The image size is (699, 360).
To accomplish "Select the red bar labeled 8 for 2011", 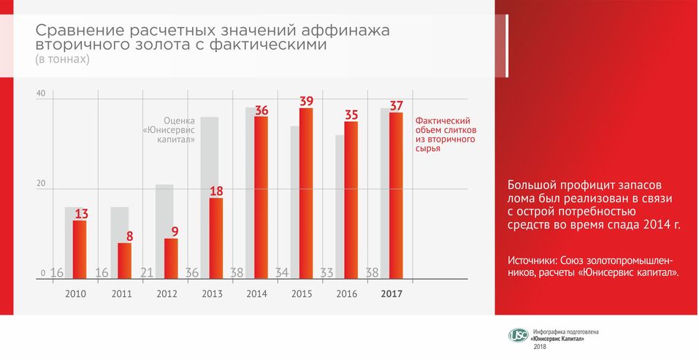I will coord(125,261).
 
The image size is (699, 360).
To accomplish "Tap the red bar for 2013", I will coord(215,238).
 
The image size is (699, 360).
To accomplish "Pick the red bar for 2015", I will coord(306,194).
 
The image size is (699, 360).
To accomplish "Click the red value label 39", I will coord(307,101).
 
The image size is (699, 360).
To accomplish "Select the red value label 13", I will coord(81,214).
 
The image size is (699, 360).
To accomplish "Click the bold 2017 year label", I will coord(392,294).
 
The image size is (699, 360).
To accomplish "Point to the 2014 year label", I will coord(257,294).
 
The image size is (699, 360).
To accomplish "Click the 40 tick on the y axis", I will coord(40,93).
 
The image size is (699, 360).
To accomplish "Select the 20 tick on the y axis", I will coord(40,184).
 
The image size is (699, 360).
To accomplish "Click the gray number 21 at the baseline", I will coord(147,273).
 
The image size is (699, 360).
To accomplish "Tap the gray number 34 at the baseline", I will coord(282,273).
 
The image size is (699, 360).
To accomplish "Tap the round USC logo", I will coord(518,336).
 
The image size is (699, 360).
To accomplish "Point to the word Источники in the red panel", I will coord(532,261).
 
